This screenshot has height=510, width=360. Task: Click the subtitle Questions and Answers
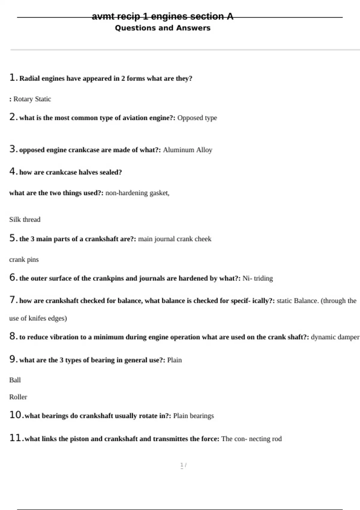(163, 28)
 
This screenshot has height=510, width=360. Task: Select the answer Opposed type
(197, 118)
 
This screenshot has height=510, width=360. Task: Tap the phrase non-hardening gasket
(137, 193)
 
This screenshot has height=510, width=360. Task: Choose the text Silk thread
(25, 220)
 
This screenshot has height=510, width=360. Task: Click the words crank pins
(24, 259)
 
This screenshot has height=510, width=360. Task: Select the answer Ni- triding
(258, 278)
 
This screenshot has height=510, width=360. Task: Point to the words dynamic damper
(335, 337)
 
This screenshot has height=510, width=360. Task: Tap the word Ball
(15, 380)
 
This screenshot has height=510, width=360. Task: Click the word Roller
(18, 397)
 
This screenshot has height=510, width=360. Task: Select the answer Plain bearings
(193, 416)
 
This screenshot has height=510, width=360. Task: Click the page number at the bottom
(182, 465)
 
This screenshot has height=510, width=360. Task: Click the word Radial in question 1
(30, 79)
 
